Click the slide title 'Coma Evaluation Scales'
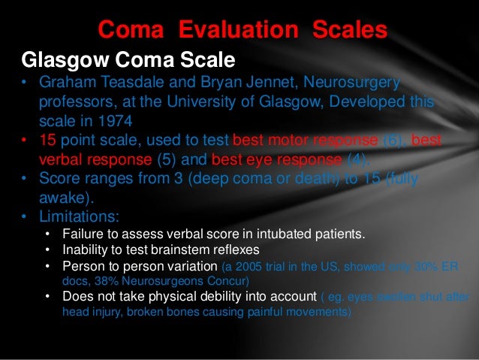[x=243, y=29]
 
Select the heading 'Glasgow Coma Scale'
[x=128, y=59]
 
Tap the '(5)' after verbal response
[x=167, y=159]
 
